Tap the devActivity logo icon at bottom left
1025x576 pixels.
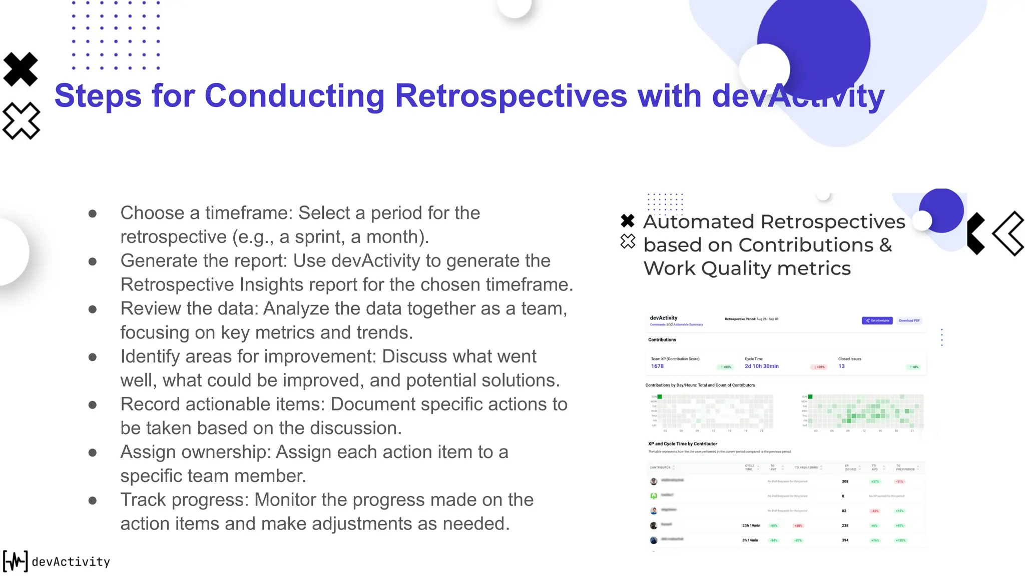(x=16, y=561)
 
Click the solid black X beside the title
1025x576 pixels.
(x=21, y=69)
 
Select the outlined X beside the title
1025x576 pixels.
(x=21, y=120)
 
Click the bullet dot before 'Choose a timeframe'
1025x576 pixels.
(x=93, y=214)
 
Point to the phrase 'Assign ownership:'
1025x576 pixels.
(x=196, y=452)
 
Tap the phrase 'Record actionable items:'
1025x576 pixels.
(x=223, y=404)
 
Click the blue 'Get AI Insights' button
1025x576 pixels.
(x=877, y=320)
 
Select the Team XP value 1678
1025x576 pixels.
(x=657, y=366)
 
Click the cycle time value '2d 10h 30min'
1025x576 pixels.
(x=761, y=366)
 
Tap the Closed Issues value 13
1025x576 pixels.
(x=841, y=366)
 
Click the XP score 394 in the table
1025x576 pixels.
(x=845, y=540)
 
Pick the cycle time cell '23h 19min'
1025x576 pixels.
(x=751, y=525)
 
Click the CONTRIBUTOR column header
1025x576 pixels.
(x=660, y=467)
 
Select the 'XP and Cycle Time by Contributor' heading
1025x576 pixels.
(x=682, y=444)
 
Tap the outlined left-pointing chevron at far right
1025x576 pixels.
(x=1008, y=233)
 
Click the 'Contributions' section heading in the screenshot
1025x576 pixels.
(x=662, y=340)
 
